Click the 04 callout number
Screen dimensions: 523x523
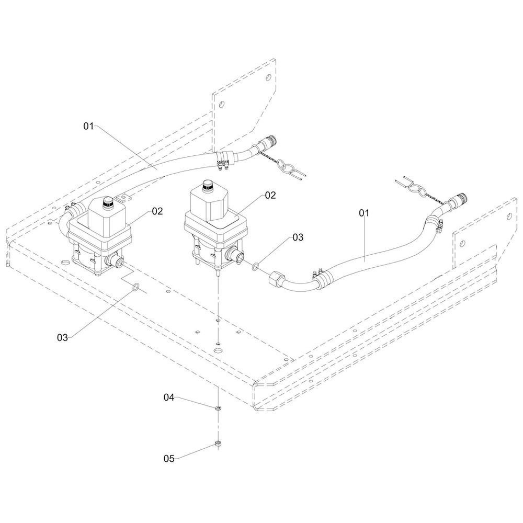coord(168,397)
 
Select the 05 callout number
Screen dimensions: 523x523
coord(168,459)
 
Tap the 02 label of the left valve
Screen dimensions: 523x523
coord(158,211)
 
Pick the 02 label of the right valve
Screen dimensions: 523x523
coord(270,195)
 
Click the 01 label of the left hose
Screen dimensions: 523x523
coord(88,126)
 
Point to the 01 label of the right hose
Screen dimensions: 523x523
coord(364,213)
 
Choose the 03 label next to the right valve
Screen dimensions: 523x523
coord(298,237)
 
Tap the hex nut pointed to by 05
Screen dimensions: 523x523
coord(217,445)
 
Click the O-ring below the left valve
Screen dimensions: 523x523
coord(135,287)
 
